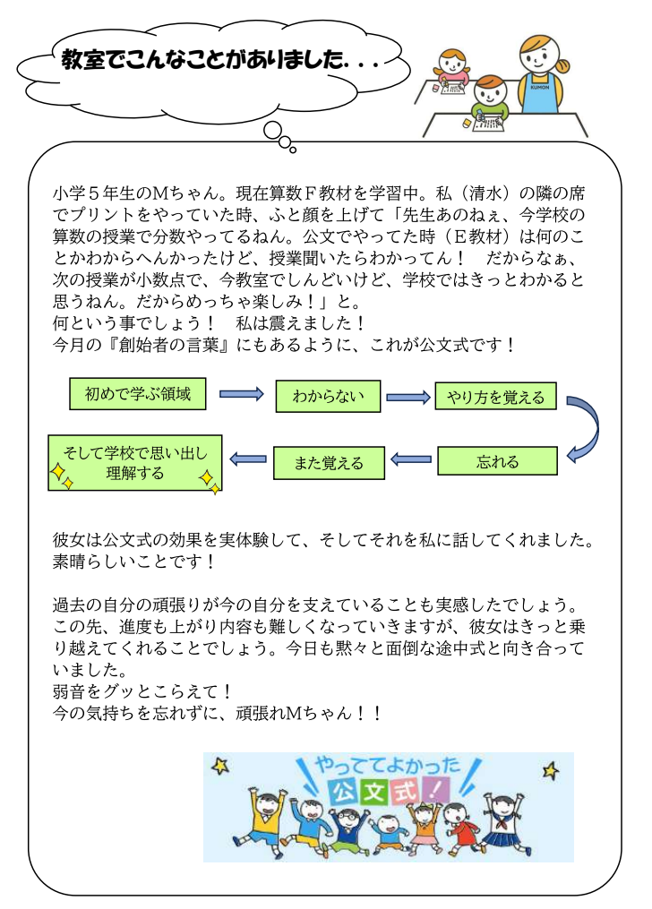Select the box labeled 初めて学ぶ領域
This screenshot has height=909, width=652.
(136, 394)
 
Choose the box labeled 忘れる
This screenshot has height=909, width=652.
(497, 461)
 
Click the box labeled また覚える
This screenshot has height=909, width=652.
(329, 462)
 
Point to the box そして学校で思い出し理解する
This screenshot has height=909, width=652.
(135, 462)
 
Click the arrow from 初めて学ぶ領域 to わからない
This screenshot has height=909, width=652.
(241, 394)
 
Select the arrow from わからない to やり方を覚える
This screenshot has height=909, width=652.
(408, 396)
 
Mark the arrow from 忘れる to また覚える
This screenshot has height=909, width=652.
(412, 460)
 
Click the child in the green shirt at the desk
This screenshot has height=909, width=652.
(489, 101)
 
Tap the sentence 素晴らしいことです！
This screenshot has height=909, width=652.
(135, 562)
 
